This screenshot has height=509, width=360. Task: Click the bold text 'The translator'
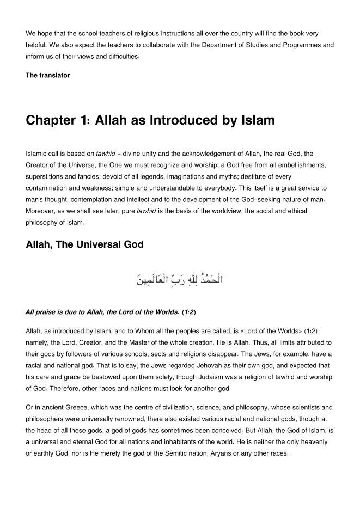coord(48,76)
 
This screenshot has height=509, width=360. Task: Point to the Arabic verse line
coord(180,280)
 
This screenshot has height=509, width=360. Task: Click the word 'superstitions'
coord(46,177)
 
